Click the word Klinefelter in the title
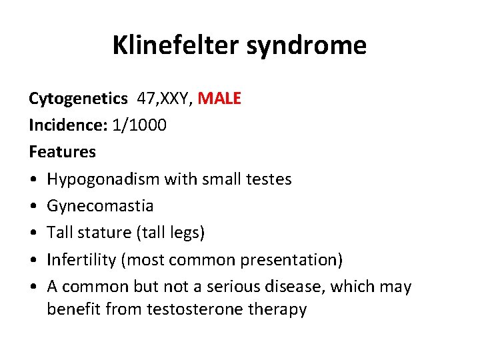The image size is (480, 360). point(173,45)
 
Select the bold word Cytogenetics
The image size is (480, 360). point(78,99)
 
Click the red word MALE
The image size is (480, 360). point(220,99)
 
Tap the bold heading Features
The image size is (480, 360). point(62,152)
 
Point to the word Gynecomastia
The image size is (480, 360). point(100,206)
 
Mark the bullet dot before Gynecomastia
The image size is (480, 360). point(33,206)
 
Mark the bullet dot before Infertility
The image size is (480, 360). point(33,259)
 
